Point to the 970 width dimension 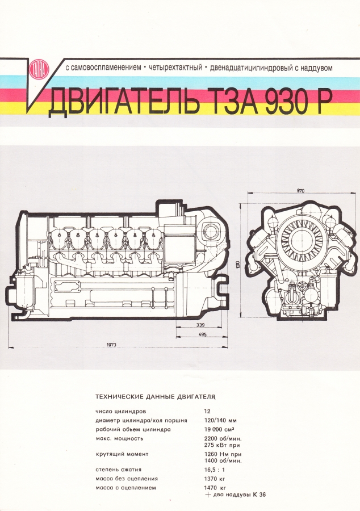coord(300,191)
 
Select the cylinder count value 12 coord(207,410)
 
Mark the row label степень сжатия coord(118,470)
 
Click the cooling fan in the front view coord(299,238)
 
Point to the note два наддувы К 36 coord(238,495)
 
